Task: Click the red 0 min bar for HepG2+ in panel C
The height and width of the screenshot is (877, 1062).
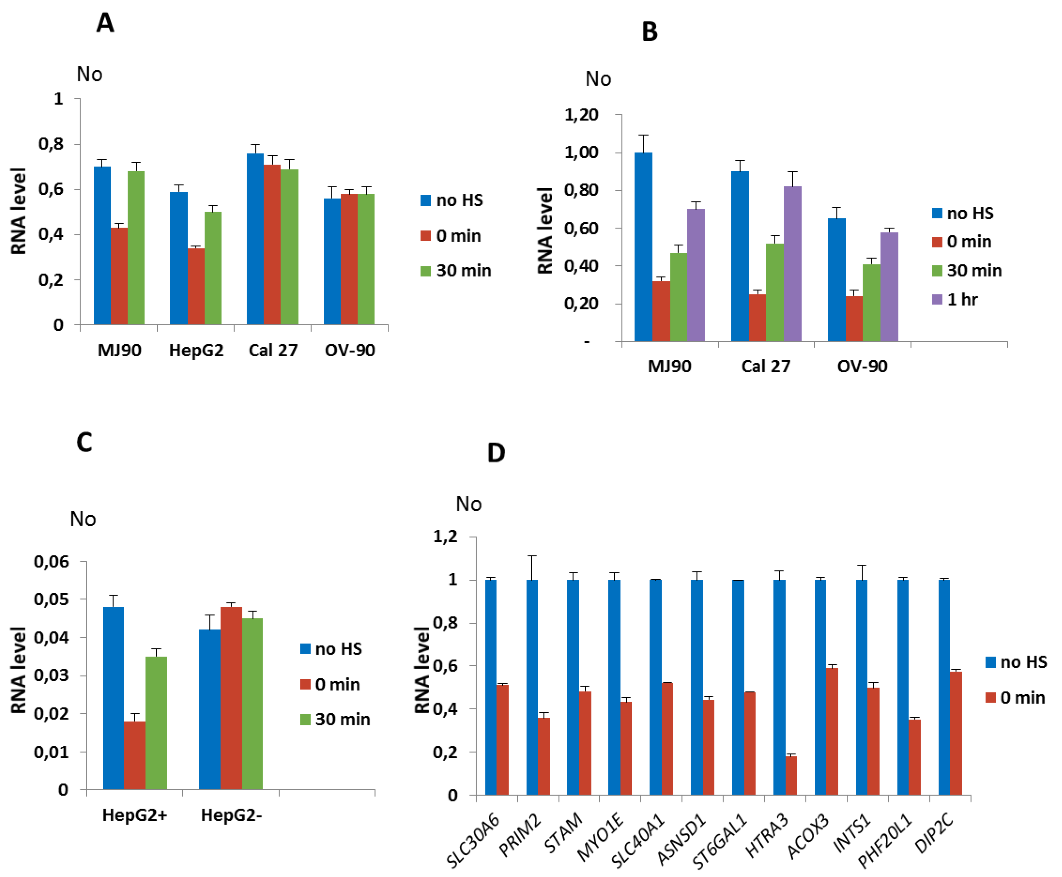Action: click(x=135, y=755)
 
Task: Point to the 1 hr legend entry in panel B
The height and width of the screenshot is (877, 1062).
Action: click(x=955, y=300)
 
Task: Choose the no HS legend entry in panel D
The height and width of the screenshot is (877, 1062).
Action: click(x=1016, y=662)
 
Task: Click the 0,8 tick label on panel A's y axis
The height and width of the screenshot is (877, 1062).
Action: click(x=51, y=144)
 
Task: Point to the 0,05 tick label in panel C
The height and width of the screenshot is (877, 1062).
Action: click(x=51, y=599)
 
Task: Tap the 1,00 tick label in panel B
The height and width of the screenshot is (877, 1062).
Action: click(x=581, y=152)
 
